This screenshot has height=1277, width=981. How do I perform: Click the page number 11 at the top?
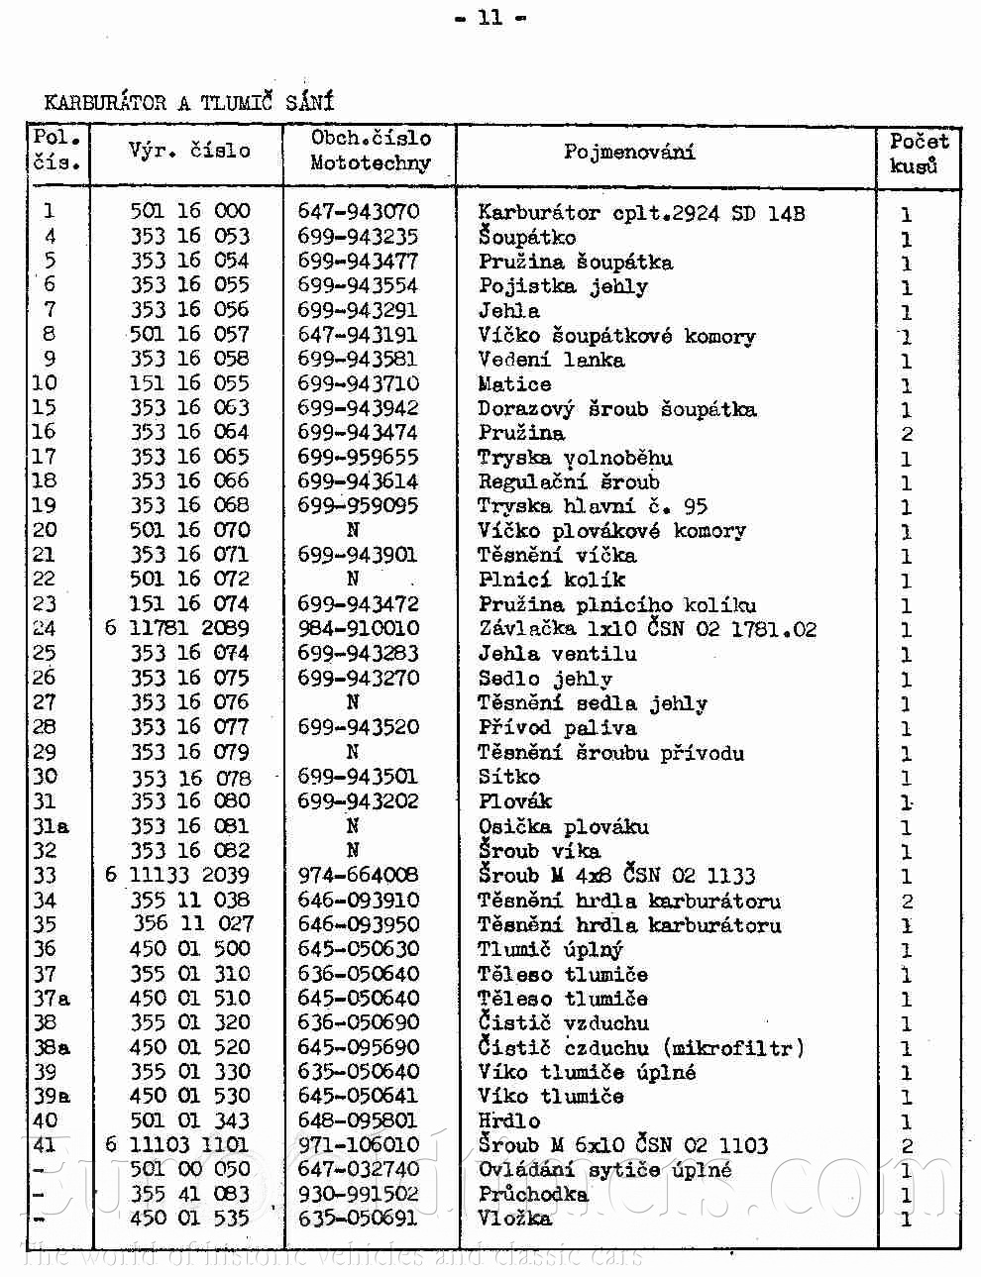(490, 17)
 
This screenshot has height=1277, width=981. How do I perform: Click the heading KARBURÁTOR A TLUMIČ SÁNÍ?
(189, 102)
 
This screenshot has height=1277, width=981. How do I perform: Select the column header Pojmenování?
(629, 152)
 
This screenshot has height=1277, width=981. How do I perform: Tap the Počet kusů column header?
(918, 154)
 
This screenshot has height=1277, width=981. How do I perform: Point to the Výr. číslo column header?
(189, 151)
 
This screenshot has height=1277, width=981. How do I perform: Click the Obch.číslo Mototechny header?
(371, 151)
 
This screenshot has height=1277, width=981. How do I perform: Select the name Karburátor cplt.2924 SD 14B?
(641, 212)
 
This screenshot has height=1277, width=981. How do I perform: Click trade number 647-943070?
(359, 211)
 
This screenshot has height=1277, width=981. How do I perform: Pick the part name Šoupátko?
(526, 237)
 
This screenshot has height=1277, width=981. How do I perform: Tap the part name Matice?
(514, 383)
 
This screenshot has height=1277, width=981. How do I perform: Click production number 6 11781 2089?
(177, 628)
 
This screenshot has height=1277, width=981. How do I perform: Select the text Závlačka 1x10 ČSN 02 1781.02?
(647, 629)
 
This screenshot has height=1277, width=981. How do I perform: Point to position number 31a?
(51, 826)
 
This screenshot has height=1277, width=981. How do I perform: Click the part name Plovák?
(514, 801)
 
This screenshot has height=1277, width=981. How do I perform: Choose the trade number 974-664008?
(359, 875)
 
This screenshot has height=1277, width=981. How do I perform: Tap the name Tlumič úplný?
(551, 949)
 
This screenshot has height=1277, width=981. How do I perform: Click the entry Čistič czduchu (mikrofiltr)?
(640, 1047)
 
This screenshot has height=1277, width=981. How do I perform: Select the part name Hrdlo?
(509, 1120)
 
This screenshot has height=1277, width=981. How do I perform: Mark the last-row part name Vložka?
(514, 1219)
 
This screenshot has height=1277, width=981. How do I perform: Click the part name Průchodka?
(533, 1194)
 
